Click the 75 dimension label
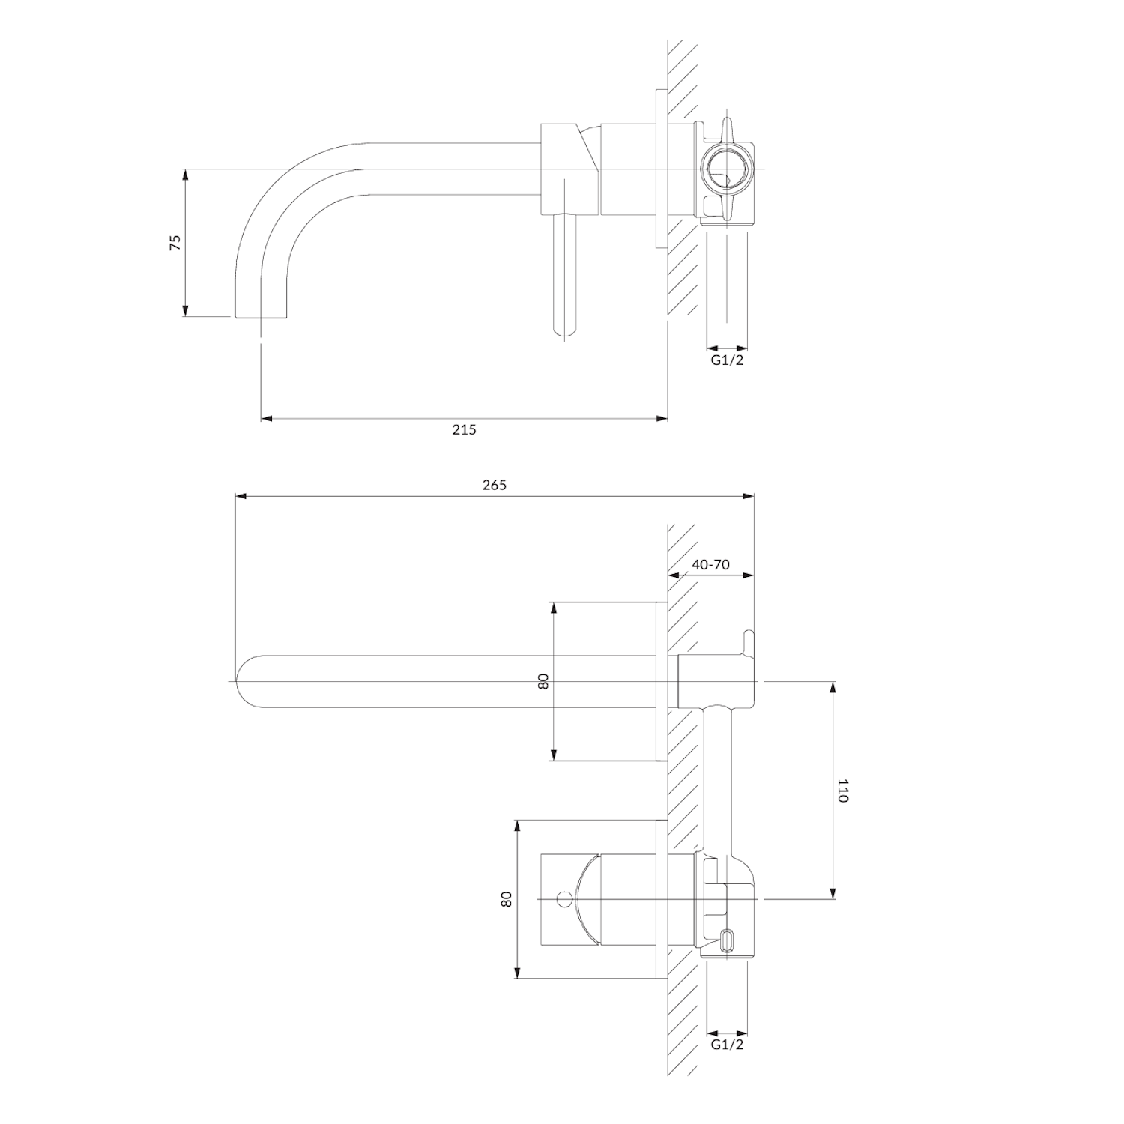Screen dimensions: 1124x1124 point(175,242)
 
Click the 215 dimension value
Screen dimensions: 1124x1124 point(464,429)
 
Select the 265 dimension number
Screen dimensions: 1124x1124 point(494,485)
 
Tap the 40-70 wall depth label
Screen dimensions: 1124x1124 point(710,564)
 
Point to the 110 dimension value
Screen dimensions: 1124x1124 point(842,791)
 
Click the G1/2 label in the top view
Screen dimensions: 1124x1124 point(727,360)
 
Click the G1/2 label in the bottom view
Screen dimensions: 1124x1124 point(727,1044)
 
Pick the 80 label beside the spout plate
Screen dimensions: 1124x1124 point(543,681)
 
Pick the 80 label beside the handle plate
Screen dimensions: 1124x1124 point(507,899)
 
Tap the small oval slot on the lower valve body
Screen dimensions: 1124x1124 point(727,941)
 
